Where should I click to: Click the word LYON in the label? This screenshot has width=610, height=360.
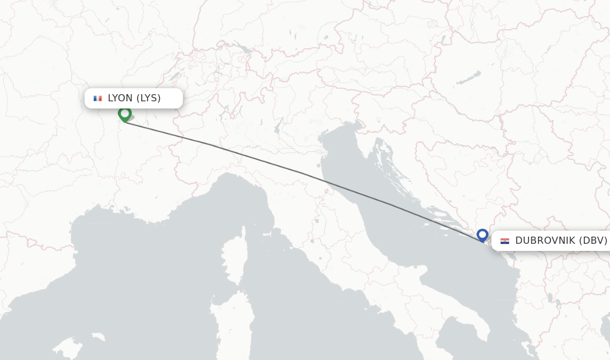pyautogui.click(x=121, y=98)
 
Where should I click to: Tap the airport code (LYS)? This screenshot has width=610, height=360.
pyautogui.click(x=149, y=98)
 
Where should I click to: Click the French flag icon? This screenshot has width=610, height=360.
pyautogui.click(x=98, y=98)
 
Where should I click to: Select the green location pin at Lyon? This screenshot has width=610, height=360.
pyautogui.click(x=125, y=113)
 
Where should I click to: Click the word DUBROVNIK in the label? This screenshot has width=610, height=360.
pyautogui.click(x=545, y=241)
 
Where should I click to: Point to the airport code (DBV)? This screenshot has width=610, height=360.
pyautogui.click(x=593, y=241)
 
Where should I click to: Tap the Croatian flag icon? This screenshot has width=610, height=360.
pyautogui.click(x=505, y=241)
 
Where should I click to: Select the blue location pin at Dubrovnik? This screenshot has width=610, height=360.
pyautogui.click(x=483, y=235)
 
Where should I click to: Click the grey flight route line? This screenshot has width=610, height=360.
pyautogui.click(x=298, y=172)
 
